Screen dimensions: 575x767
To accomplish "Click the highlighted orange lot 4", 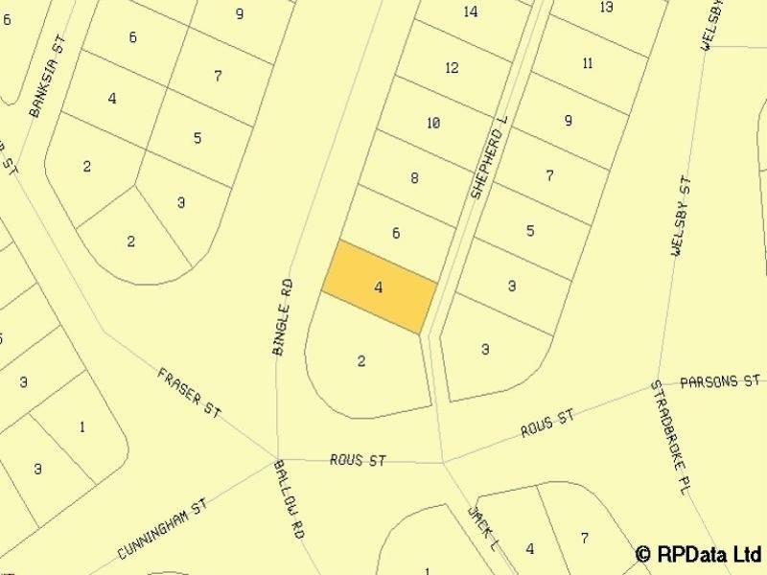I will click(x=379, y=287).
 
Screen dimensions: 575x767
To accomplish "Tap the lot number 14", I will click(x=470, y=11).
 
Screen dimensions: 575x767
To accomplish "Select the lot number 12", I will click(x=453, y=67).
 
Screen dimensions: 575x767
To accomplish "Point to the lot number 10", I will click(x=433, y=123).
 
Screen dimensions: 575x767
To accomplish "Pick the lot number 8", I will click(x=414, y=177).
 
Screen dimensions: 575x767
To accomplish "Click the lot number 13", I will click(x=606, y=7).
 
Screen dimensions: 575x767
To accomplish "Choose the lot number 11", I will click(x=588, y=63).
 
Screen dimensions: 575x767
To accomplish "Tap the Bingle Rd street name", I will click(x=282, y=317).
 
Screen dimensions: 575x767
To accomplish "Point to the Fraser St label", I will click(x=189, y=392).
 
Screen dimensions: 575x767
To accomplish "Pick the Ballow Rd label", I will click(x=288, y=498).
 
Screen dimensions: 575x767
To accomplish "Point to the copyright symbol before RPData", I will click(x=644, y=554).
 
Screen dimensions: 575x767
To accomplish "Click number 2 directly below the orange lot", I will click(x=361, y=361).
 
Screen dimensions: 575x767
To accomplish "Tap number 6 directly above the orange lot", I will click(x=396, y=233).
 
